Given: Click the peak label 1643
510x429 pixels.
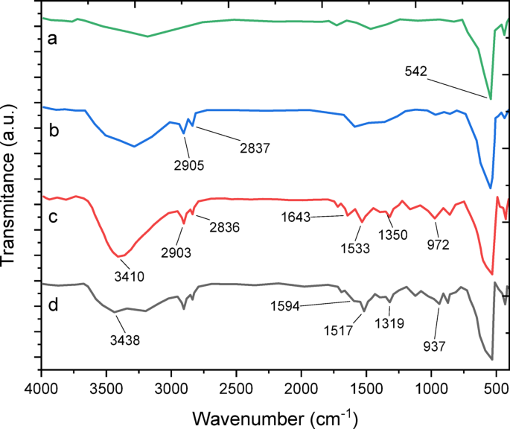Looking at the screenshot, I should (x=300, y=217).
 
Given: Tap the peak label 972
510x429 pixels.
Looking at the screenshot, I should (x=438, y=244).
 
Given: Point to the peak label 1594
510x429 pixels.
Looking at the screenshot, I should (x=288, y=304).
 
